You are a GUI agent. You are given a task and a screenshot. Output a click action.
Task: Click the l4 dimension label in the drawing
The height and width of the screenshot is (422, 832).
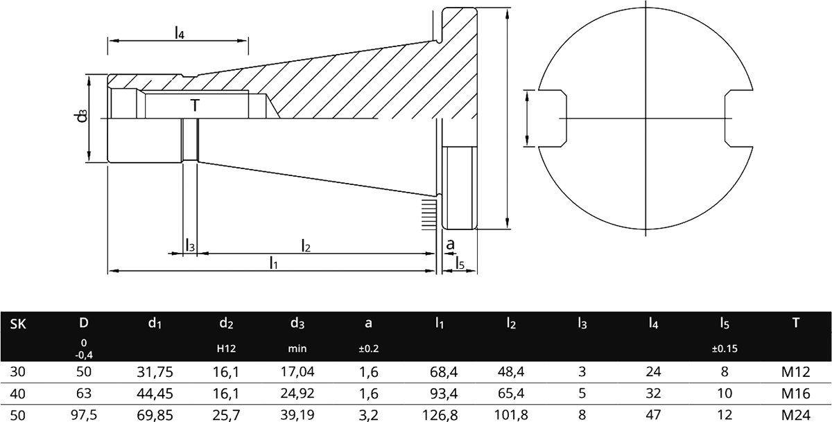click(x=179, y=33)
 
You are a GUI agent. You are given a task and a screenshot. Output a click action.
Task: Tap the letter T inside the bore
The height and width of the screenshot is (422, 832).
click(x=196, y=105)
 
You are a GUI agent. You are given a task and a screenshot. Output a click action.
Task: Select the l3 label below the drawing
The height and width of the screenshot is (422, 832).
click(x=190, y=245)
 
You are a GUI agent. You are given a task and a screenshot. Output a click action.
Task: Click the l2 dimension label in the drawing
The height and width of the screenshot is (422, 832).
click(x=306, y=245)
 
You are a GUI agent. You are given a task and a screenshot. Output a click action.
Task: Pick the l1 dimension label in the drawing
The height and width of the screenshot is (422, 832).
click(x=274, y=262)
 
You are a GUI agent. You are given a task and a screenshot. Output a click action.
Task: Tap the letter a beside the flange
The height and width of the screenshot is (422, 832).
click(x=449, y=244)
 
